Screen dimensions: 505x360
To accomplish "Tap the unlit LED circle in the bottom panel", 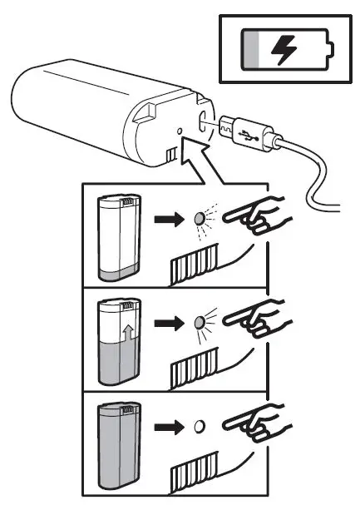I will (198, 428).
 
